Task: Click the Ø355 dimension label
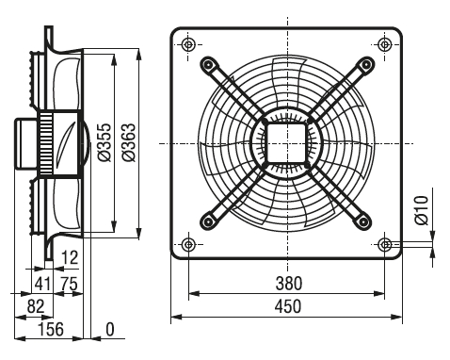click(105, 142)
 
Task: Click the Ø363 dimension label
click(129, 142)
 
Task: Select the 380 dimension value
click(289, 283)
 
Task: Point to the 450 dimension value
click(288, 306)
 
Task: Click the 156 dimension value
click(51, 329)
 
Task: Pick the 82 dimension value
click(36, 306)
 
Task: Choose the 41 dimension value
click(42, 284)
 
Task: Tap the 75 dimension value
click(69, 284)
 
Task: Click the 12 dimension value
click(70, 258)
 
